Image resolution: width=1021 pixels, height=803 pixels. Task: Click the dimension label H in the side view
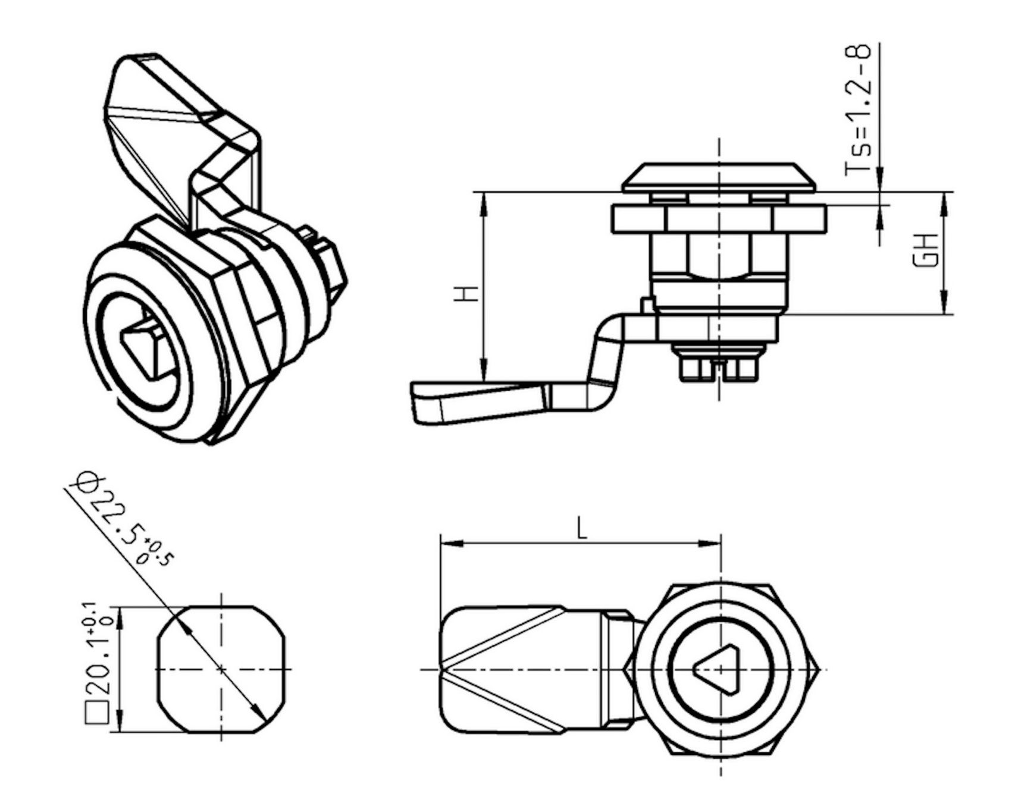click(470, 293)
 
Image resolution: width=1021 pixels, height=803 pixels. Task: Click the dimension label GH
click(927, 250)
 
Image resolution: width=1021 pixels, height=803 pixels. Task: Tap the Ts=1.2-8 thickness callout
click(859, 109)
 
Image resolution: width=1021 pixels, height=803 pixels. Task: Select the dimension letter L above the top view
click(582, 528)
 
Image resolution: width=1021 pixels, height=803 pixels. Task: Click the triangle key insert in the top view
click(721, 670)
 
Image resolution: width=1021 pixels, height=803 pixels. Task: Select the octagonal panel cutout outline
click(221, 670)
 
